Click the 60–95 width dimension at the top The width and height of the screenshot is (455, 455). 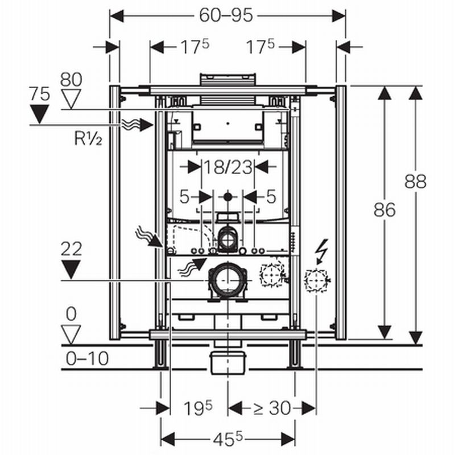(x=226, y=16)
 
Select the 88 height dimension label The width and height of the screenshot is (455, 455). (x=416, y=181)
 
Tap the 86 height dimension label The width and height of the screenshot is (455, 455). (x=384, y=210)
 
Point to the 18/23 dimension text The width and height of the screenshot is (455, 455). (x=228, y=167)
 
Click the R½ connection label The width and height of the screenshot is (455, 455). (x=88, y=138)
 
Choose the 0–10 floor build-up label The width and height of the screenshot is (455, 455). (x=88, y=358)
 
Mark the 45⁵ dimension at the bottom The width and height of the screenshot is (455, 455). (x=228, y=439)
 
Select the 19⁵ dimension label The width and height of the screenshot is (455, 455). (x=198, y=407)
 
